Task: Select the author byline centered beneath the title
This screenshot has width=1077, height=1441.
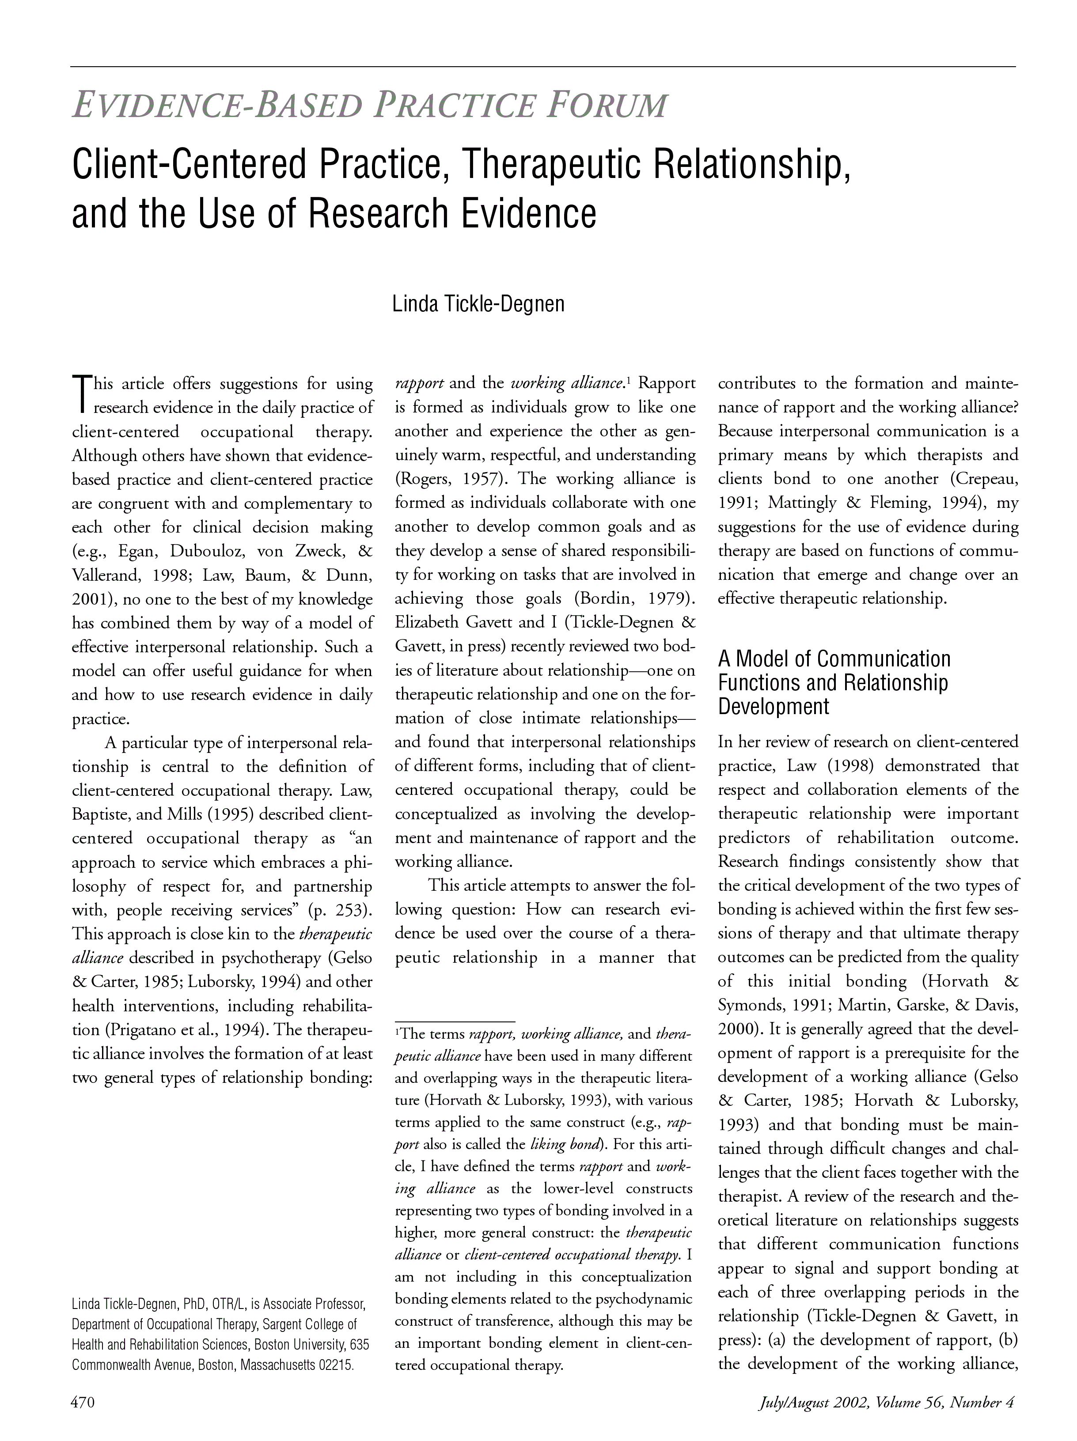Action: click(x=478, y=303)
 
